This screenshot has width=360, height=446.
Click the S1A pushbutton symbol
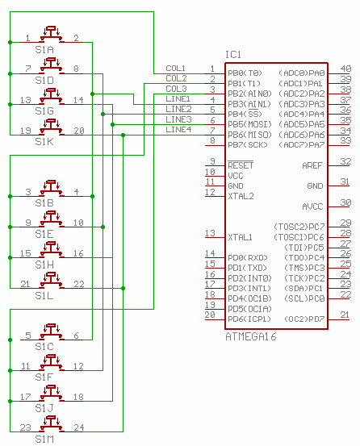(51, 34)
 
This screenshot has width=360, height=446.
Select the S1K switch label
(44, 142)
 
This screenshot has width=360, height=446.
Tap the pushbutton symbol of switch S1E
(51, 219)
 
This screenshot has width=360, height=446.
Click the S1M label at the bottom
(44, 439)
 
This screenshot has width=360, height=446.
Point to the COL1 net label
(176, 69)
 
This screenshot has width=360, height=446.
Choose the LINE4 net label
(178, 130)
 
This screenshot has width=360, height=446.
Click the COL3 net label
(176, 89)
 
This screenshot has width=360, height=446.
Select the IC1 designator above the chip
(233, 55)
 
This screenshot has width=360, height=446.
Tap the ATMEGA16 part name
(251, 337)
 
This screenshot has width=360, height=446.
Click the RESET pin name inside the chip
(241, 165)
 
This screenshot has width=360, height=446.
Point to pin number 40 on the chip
(345, 69)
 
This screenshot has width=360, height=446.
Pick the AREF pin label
(312, 165)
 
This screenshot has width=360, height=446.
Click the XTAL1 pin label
(241, 237)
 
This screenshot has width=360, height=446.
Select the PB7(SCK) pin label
(248, 145)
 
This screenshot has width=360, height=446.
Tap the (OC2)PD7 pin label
(304, 319)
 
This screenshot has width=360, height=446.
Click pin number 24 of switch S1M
(79, 427)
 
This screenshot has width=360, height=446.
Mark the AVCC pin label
(312, 206)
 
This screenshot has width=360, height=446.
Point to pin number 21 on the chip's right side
(345, 315)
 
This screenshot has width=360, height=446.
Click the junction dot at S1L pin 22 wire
(123, 288)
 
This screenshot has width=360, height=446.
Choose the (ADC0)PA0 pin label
(302, 73)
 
